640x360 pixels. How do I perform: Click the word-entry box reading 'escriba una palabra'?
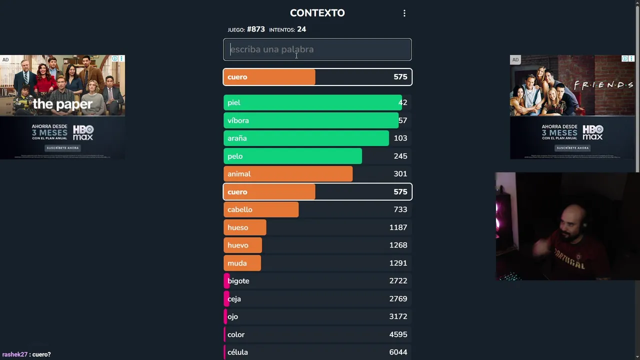tap(317, 49)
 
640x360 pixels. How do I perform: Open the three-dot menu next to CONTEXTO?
tap(404, 13)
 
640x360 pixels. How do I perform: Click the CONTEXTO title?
tap(317, 13)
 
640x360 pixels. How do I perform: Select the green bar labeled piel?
tap(312, 102)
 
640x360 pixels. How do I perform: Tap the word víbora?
tap(238, 120)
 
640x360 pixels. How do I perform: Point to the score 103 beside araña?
tap(400, 138)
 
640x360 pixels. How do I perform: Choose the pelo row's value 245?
tap(400, 156)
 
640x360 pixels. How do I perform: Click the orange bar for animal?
tap(288, 174)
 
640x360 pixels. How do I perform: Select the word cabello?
tap(240, 209)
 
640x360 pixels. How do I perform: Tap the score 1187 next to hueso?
tap(398, 227)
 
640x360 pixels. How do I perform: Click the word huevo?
tap(238, 245)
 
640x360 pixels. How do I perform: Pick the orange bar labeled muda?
tap(242, 263)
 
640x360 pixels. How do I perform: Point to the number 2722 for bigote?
tap(398, 281)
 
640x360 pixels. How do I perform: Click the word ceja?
tap(234, 299)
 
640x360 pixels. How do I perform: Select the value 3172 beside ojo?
tap(398, 316)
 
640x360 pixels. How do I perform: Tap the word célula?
tap(237, 352)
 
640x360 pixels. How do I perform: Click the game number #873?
tap(255, 29)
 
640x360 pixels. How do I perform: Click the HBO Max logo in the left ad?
tap(83, 133)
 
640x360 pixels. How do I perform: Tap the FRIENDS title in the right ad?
tap(603, 85)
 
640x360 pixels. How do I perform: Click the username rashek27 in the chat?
tap(15, 354)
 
